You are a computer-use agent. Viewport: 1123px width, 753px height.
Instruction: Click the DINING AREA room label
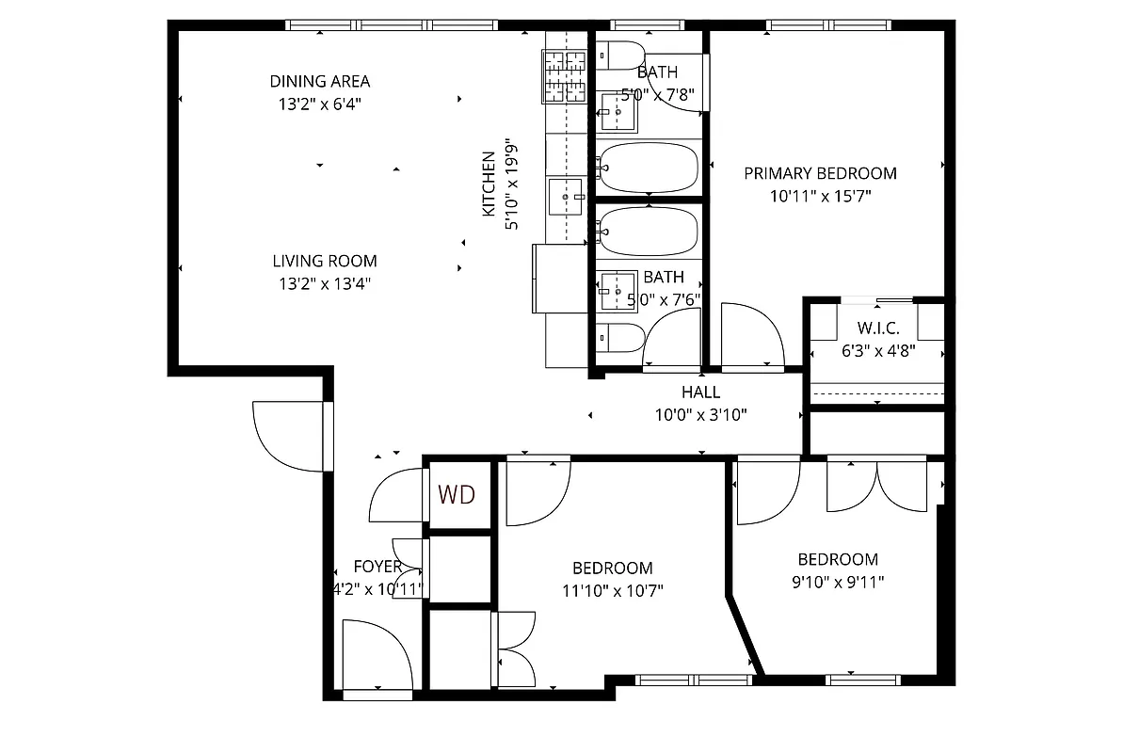[319, 81]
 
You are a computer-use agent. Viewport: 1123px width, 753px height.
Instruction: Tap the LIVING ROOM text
[325, 261]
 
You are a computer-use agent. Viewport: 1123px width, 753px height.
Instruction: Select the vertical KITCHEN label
[489, 184]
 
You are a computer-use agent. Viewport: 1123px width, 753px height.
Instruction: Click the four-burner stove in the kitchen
[565, 76]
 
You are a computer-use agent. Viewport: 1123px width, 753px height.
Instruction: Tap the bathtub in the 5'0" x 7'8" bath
[649, 168]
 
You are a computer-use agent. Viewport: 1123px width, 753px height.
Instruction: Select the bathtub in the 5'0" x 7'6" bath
[649, 232]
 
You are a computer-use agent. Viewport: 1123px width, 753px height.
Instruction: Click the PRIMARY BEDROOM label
[820, 173]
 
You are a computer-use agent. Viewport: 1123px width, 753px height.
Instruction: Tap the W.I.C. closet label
[877, 328]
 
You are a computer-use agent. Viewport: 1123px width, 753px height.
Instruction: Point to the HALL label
[700, 393]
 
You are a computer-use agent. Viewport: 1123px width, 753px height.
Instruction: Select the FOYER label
[377, 567]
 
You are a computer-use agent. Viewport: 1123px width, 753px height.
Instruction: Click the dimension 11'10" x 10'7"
[613, 591]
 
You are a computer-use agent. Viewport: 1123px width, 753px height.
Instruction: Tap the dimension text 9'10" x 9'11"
[838, 582]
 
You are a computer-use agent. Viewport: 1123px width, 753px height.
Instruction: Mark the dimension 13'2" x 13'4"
[325, 284]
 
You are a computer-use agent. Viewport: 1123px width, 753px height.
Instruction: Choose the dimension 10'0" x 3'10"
[700, 415]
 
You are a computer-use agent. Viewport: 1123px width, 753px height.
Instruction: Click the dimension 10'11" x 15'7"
[820, 197]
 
